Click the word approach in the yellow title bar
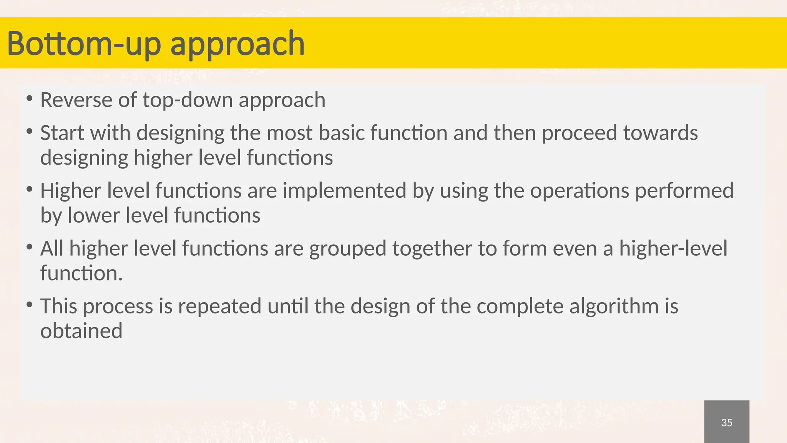point(237,45)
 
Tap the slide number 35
point(726,423)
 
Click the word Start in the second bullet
point(61,133)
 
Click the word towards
point(660,133)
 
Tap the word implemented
point(344,191)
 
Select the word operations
point(579,191)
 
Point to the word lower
point(94,215)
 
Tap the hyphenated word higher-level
point(673,248)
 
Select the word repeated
point(219,307)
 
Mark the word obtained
point(81,331)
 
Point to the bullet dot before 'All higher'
point(29,247)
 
